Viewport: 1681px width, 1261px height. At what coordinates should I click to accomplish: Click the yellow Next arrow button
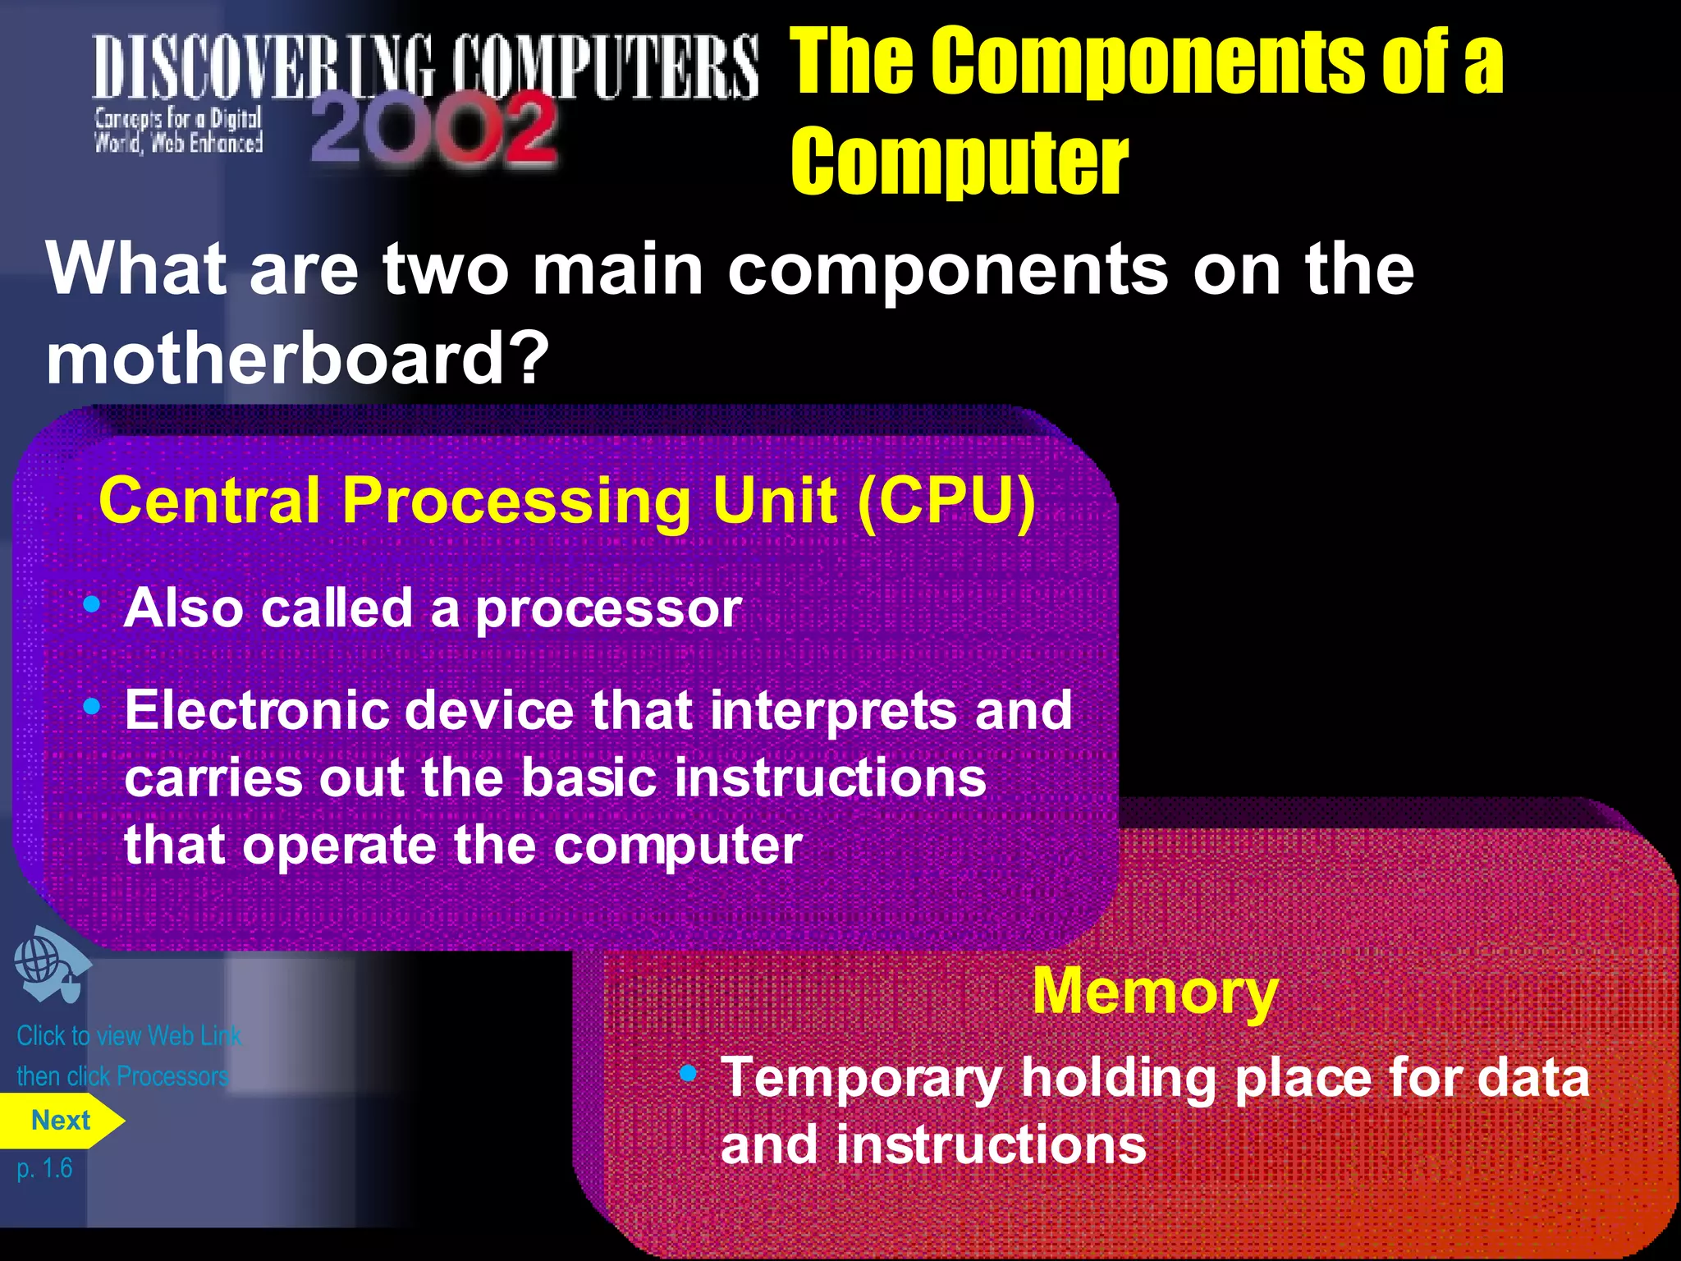(x=60, y=1121)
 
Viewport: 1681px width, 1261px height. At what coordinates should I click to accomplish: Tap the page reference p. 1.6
(x=44, y=1167)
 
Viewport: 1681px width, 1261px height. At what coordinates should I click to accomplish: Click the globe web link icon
(x=49, y=965)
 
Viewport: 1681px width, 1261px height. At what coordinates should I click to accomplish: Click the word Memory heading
(x=1154, y=992)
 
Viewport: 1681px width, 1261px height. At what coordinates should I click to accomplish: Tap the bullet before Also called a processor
(x=92, y=605)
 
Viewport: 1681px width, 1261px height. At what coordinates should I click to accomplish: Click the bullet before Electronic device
(x=92, y=706)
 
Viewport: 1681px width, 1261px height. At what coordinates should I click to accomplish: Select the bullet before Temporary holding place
(x=688, y=1073)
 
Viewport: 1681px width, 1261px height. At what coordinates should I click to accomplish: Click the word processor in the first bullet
(x=608, y=610)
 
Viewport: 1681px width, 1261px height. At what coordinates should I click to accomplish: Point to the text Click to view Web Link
(x=129, y=1036)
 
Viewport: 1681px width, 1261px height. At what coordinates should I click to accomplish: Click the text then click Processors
(x=122, y=1076)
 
